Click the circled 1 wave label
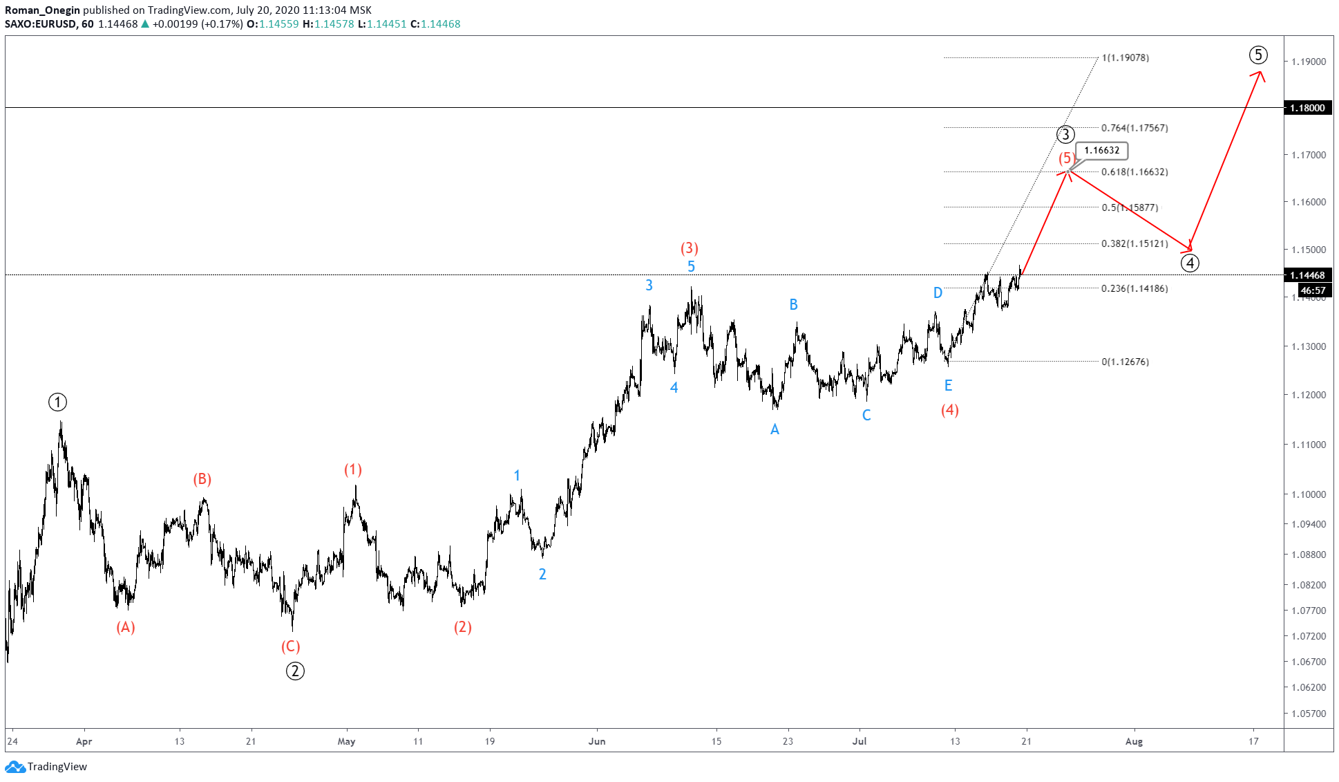tap(57, 402)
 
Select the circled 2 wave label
tap(295, 671)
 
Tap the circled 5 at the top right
tap(1258, 55)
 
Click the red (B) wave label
tap(202, 479)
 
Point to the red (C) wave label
tap(290, 646)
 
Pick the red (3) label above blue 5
tap(689, 248)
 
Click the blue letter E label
tap(948, 386)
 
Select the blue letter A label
tap(775, 429)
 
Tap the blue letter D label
tap(938, 293)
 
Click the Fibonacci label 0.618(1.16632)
tap(1134, 172)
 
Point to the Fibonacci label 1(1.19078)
tap(1126, 58)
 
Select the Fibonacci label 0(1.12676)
tap(1126, 362)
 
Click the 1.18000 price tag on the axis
tap(1308, 108)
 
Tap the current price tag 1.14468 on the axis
tap(1308, 275)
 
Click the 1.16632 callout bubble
tap(1101, 150)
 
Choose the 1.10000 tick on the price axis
tap(1309, 494)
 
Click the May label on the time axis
tap(346, 741)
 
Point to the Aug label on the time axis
tap(1134, 741)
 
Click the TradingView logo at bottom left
tap(46, 767)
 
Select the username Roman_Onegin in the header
tap(43, 10)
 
